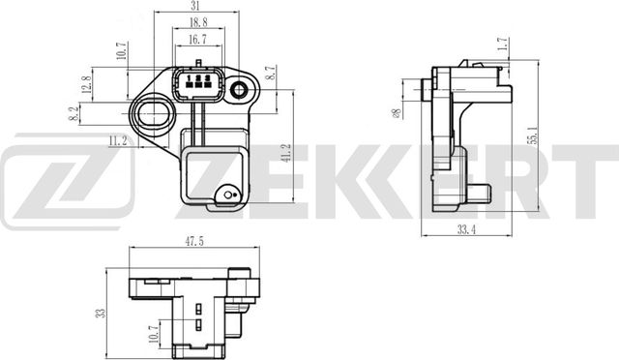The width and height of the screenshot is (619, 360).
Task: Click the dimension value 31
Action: (195, 8)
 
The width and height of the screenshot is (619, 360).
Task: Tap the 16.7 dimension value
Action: (196, 40)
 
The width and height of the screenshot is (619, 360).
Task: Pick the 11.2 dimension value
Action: (117, 140)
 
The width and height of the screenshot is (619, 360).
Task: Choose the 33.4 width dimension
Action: (467, 229)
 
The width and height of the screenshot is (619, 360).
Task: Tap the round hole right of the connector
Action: (238, 90)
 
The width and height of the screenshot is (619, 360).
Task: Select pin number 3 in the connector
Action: (207, 84)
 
